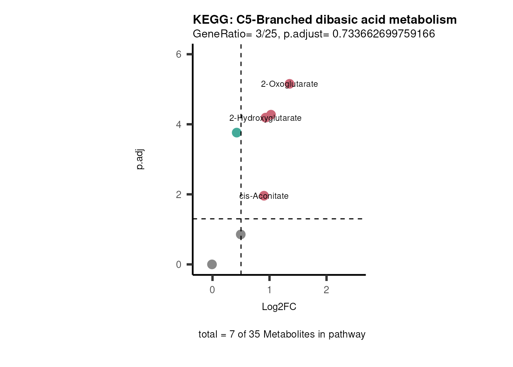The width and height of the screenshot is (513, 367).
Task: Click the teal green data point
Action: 236,133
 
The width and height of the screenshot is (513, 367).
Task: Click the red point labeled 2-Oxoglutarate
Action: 289,84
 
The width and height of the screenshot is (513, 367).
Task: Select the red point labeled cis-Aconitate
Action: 264,196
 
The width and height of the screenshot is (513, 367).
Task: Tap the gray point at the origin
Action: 212,264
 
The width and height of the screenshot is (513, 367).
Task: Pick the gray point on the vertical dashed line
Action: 240,234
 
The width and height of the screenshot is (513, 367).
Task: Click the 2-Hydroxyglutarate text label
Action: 265,118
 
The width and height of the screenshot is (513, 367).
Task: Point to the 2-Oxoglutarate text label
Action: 289,84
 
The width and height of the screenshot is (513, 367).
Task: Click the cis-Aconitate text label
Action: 264,196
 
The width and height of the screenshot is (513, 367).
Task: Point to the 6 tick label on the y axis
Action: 179,54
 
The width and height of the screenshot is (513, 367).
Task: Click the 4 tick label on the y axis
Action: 179,125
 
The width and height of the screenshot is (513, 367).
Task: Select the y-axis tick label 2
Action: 179,195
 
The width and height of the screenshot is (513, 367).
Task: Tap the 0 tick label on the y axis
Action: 179,265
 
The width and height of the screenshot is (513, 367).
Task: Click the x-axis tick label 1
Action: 269,290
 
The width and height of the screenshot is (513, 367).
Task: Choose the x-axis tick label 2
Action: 326,290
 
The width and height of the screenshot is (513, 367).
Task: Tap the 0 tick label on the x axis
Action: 212,290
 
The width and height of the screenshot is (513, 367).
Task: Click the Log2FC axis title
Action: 279,307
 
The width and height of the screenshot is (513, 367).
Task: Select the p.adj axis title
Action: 140,159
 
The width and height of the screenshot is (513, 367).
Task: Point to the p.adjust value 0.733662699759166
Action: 384,34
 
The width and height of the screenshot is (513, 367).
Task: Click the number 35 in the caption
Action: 254,335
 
